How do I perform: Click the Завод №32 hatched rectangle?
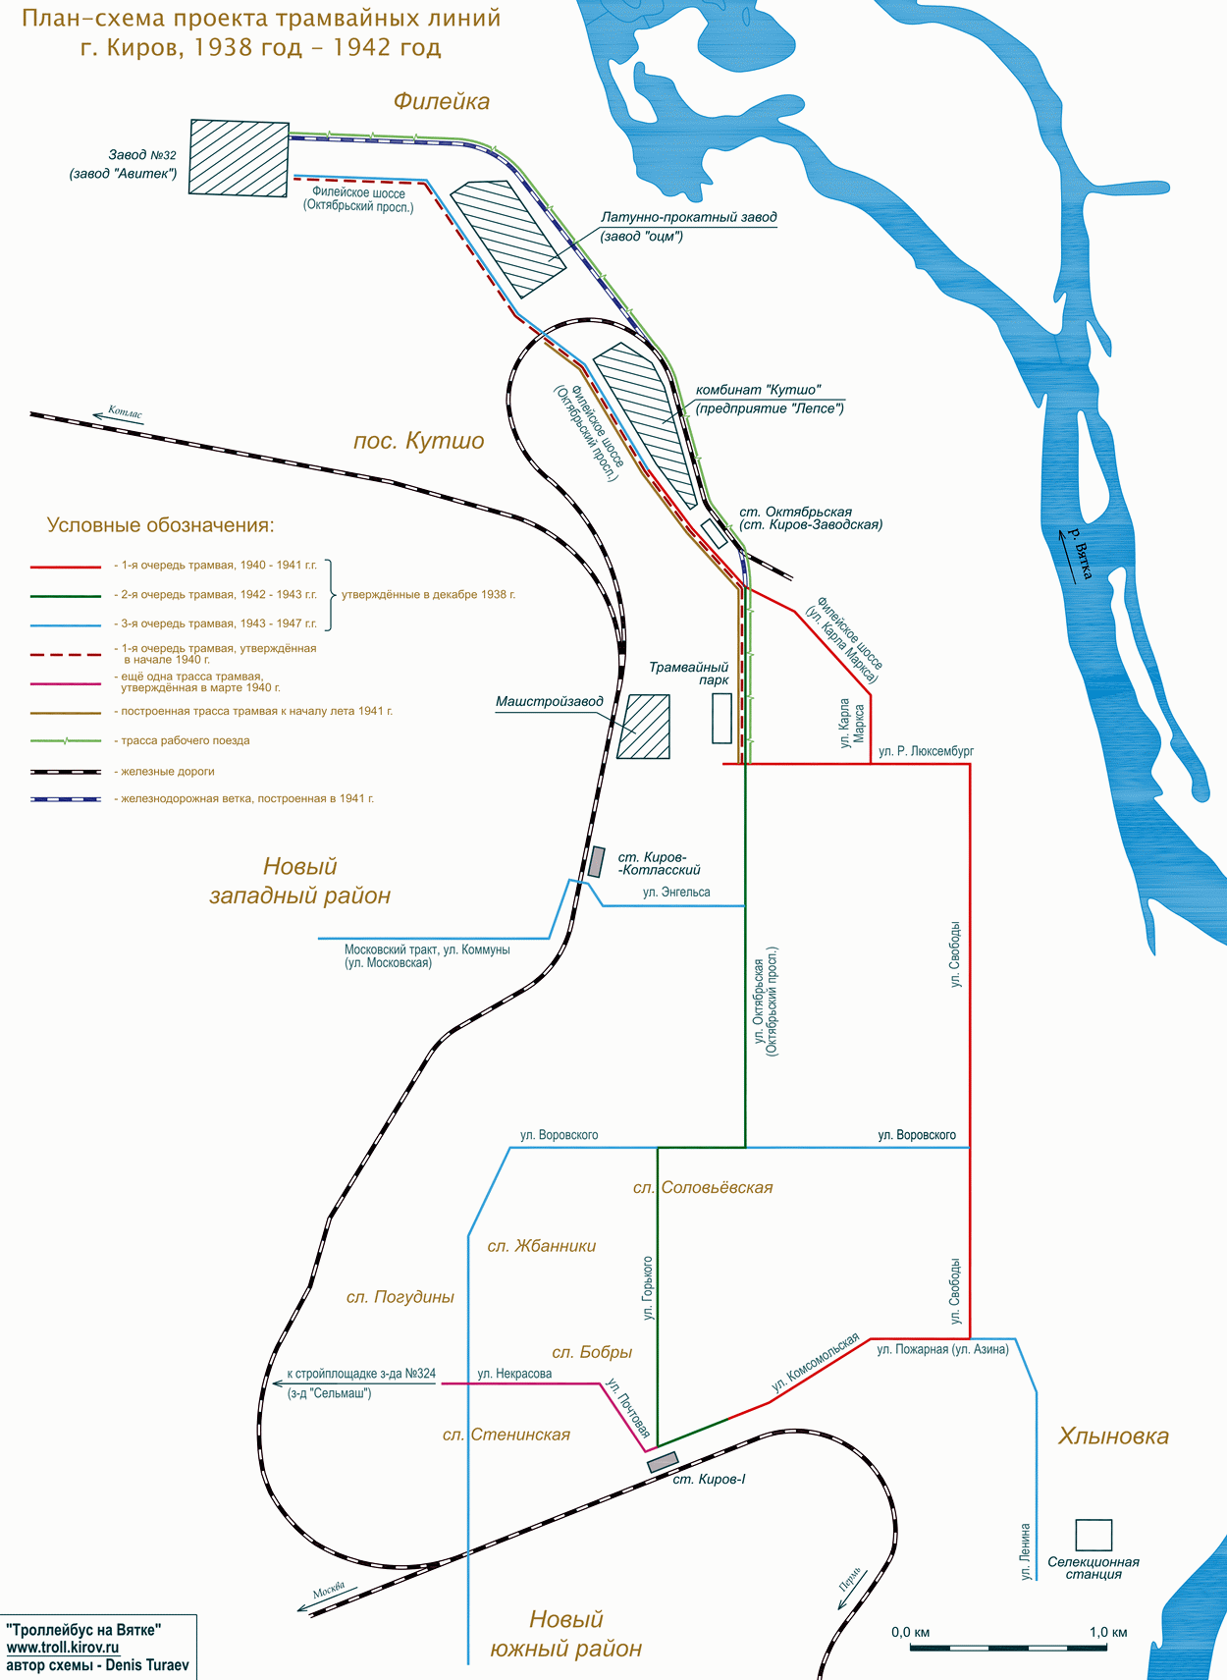pyautogui.click(x=239, y=158)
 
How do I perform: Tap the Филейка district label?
pyautogui.click(x=441, y=101)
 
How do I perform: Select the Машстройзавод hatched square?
pyautogui.click(x=648, y=727)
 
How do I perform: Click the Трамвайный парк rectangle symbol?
pyautogui.click(x=721, y=718)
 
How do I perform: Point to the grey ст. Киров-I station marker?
pyautogui.click(x=662, y=1461)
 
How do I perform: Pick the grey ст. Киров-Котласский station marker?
pyautogui.click(x=596, y=861)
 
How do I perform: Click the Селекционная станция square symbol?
pyautogui.click(x=1093, y=1535)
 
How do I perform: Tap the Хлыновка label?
pyautogui.click(x=1113, y=1436)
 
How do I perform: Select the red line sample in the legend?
pyautogui.click(x=66, y=567)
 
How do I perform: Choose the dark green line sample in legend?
pyautogui.click(x=66, y=596)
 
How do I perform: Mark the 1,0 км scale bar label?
pyautogui.click(x=1107, y=1632)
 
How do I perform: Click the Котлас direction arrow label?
pyautogui.click(x=125, y=413)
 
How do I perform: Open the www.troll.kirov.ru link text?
pyautogui.click(x=63, y=1648)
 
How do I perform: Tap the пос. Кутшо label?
pyautogui.click(x=418, y=441)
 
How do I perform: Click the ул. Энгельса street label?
pyautogui.click(x=676, y=893)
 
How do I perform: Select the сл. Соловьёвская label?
pyautogui.click(x=703, y=1188)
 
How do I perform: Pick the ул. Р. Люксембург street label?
pyautogui.click(x=926, y=751)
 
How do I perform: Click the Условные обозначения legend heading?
pyautogui.click(x=161, y=525)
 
